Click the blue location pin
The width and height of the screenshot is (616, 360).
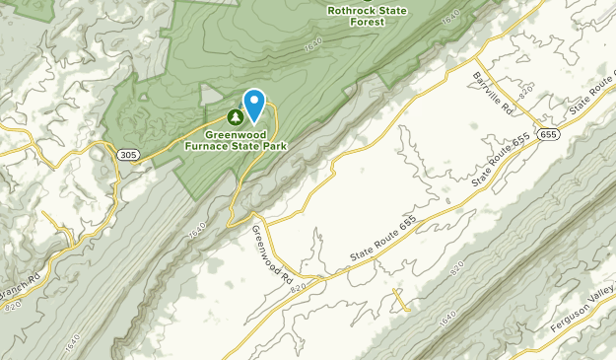pos(254,105)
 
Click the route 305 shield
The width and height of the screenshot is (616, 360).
pos(126,155)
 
